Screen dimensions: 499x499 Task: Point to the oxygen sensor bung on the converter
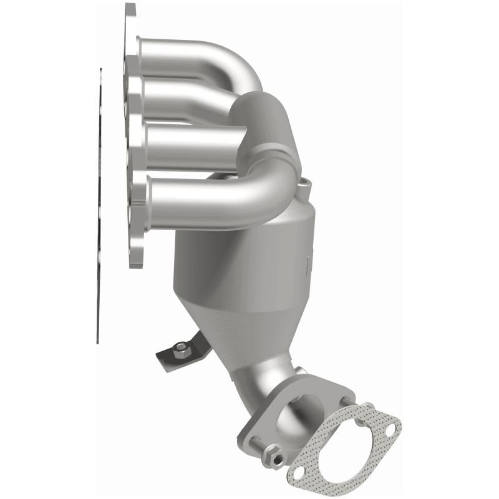304,184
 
